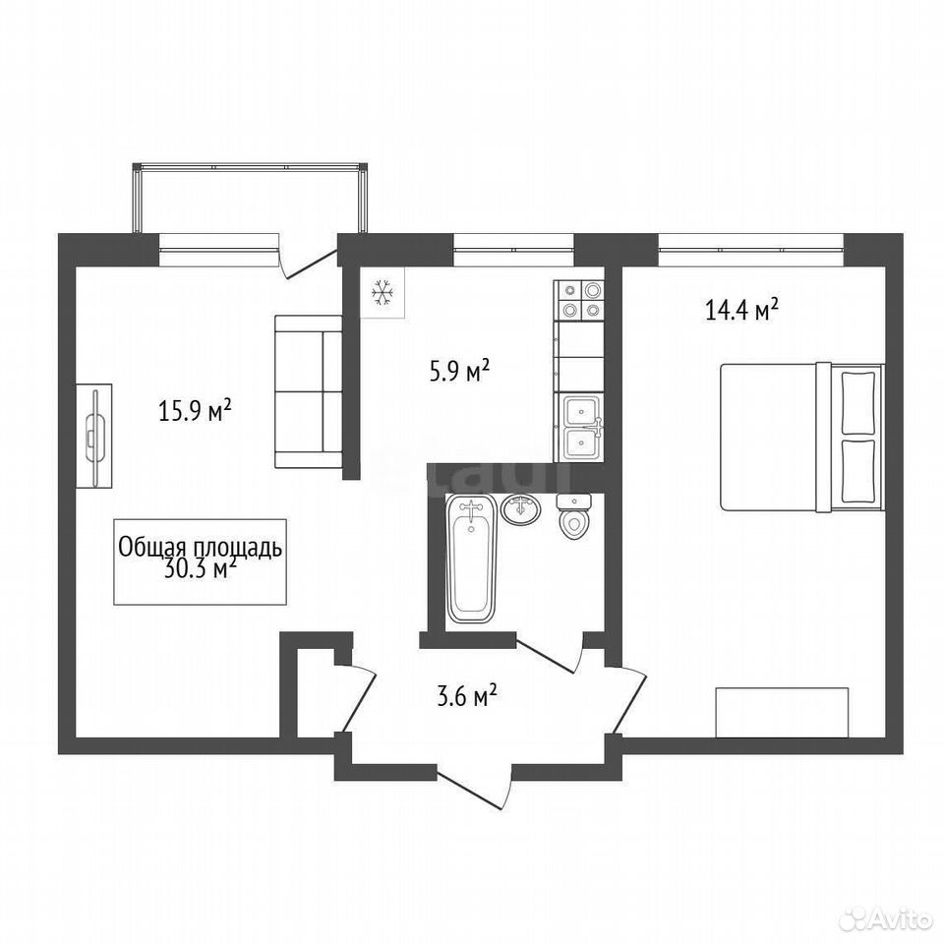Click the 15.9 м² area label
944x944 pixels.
(195, 412)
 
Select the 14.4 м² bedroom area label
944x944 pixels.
(741, 310)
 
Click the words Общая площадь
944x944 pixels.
(200, 548)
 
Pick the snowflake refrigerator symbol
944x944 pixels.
(383, 293)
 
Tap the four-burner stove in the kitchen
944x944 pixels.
(578, 301)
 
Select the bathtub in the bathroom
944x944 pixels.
(471, 559)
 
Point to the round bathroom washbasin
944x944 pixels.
(521, 510)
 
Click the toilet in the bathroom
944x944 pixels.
(573, 515)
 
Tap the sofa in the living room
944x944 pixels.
(308, 391)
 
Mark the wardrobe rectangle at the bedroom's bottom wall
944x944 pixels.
(782, 712)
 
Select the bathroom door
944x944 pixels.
(549, 653)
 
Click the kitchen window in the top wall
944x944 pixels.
(513, 249)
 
